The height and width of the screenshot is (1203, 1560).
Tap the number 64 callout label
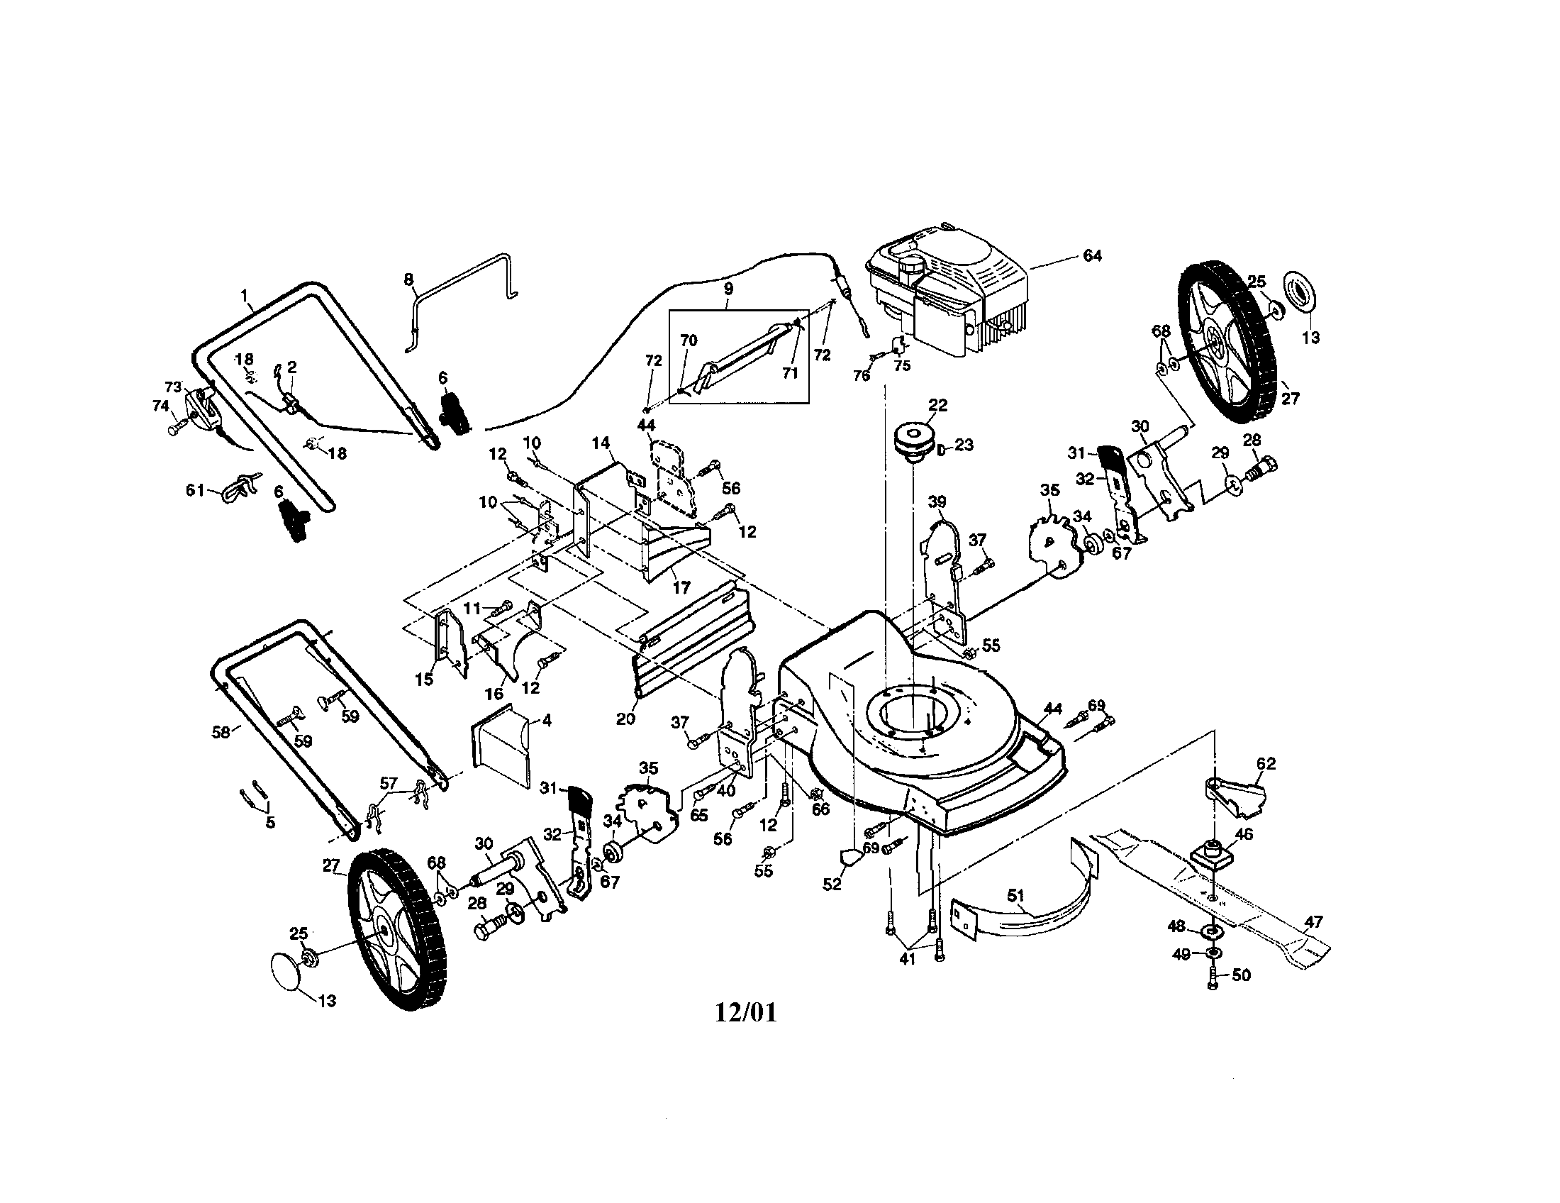point(1092,256)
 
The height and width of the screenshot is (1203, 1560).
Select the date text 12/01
point(745,1012)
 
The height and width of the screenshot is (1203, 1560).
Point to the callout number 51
point(1015,895)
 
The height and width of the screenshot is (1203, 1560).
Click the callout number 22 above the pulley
point(937,405)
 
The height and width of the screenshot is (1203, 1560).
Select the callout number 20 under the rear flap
point(625,719)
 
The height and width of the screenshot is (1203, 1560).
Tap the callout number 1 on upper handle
point(245,294)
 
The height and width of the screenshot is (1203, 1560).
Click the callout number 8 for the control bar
point(408,279)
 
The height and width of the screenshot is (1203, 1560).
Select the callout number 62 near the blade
point(1265,764)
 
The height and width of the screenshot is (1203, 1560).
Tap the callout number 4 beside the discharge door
point(547,721)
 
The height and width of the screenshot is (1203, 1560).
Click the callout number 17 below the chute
point(681,587)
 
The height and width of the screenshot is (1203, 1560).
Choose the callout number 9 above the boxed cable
point(728,289)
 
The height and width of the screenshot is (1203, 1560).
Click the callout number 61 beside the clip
point(195,491)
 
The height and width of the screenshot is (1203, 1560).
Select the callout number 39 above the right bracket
point(937,502)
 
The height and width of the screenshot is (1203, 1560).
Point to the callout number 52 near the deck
point(832,884)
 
